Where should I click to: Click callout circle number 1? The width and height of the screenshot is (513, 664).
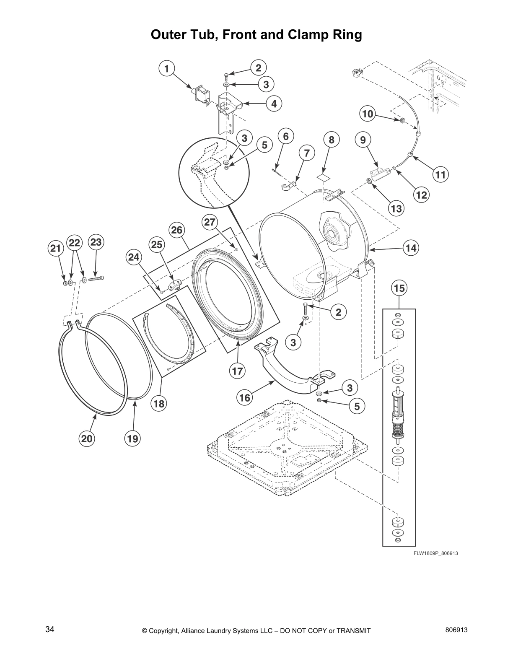tap(167, 69)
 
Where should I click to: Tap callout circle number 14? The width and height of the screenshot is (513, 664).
tap(411, 248)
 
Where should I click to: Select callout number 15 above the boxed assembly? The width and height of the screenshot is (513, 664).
tap(399, 288)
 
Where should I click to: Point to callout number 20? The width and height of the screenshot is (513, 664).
tap(87, 439)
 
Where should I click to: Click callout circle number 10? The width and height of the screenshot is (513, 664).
tap(368, 114)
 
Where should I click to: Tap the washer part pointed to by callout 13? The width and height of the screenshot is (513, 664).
tap(369, 181)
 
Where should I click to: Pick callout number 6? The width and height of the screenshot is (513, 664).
tap(286, 136)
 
